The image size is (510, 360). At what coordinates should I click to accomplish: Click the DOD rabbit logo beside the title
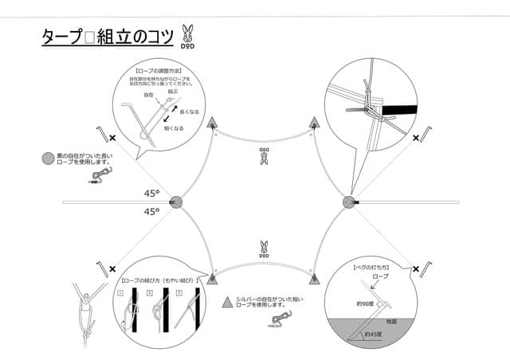(x=187, y=34)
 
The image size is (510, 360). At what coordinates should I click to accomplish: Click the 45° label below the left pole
(x=152, y=212)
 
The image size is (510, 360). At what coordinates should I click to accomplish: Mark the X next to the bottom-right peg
(x=414, y=272)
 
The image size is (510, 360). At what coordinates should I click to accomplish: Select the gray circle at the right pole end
(x=348, y=203)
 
